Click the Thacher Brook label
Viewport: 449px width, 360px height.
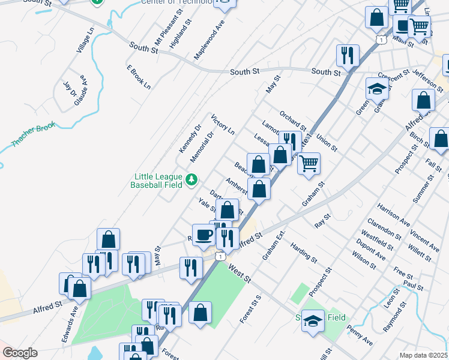(34, 135)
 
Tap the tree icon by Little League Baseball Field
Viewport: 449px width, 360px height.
(191, 179)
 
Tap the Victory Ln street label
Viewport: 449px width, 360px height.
(223, 124)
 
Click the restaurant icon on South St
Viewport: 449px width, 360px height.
(348, 55)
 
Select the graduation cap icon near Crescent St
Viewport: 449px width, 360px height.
(376, 88)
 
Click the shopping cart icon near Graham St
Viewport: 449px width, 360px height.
(309, 163)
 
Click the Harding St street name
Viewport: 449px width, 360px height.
(303, 253)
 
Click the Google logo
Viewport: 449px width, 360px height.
(20, 353)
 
